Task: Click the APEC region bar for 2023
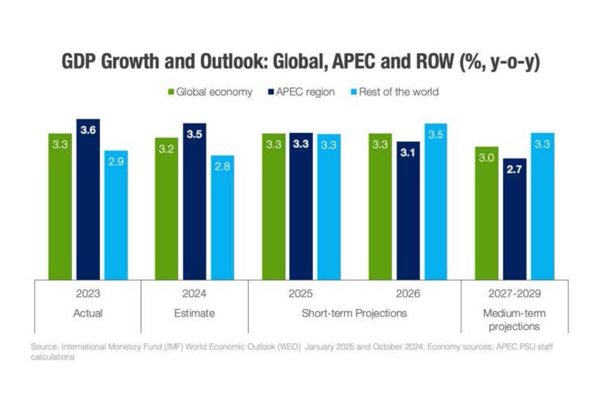coord(88,200)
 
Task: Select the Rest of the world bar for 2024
coord(222,218)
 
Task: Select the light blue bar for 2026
coord(436,202)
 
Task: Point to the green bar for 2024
coord(167,208)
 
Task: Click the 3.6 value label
coord(88,130)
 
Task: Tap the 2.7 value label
coord(514,169)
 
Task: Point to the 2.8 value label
coord(222,166)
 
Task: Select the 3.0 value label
coord(486,158)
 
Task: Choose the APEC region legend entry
coord(301,92)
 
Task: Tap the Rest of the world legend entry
coord(395,92)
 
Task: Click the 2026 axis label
coord(408,294)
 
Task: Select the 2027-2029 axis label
coord(514,294)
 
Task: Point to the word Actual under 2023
coord(88,313)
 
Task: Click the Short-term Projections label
coord(354,313)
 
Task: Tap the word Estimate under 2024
coord(194,313)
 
